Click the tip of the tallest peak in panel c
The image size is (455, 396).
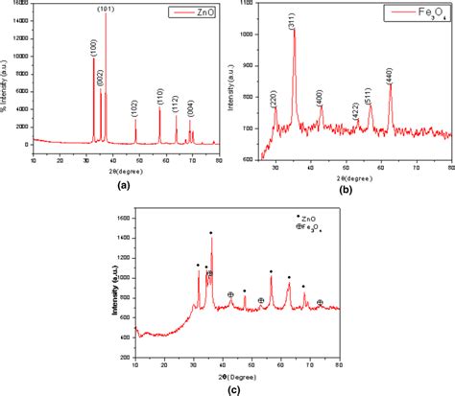click(211, 233)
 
